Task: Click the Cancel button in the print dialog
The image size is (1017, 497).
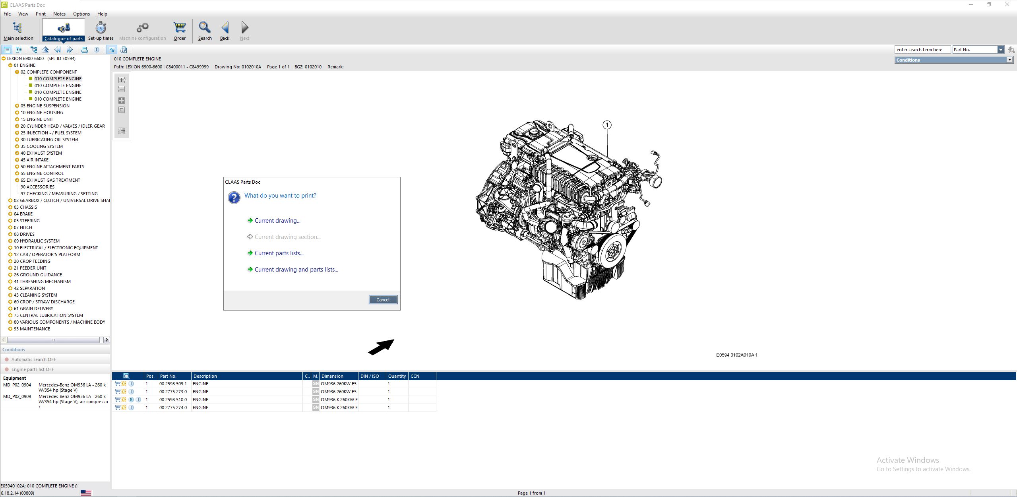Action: point(383,300)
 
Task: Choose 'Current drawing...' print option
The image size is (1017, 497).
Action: point(277,221)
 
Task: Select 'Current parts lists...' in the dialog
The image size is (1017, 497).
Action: point(279,253)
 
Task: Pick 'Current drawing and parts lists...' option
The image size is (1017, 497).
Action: point(296,270)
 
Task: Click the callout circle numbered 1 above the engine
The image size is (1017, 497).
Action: point(607,125)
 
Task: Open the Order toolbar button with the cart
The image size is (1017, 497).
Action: point(180,31)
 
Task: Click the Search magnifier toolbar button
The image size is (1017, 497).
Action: point(205,31)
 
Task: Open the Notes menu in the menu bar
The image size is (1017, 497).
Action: point(59,14)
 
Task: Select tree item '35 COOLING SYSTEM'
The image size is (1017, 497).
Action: point(41,146)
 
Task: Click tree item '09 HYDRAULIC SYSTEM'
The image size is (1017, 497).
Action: point(37,241)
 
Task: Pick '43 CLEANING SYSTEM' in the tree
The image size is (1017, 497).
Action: point(35,295)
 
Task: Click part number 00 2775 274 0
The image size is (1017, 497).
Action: point(173,408)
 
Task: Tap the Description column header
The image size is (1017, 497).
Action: point(205,376)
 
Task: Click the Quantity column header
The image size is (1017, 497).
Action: point(397,376)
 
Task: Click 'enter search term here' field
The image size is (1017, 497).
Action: point(922,50)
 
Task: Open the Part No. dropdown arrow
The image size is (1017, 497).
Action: point(1000,50)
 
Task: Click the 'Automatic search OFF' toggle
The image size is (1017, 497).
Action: point(33,359)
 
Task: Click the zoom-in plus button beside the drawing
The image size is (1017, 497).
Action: point(122,80)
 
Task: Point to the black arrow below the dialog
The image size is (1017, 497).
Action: point(381,347)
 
